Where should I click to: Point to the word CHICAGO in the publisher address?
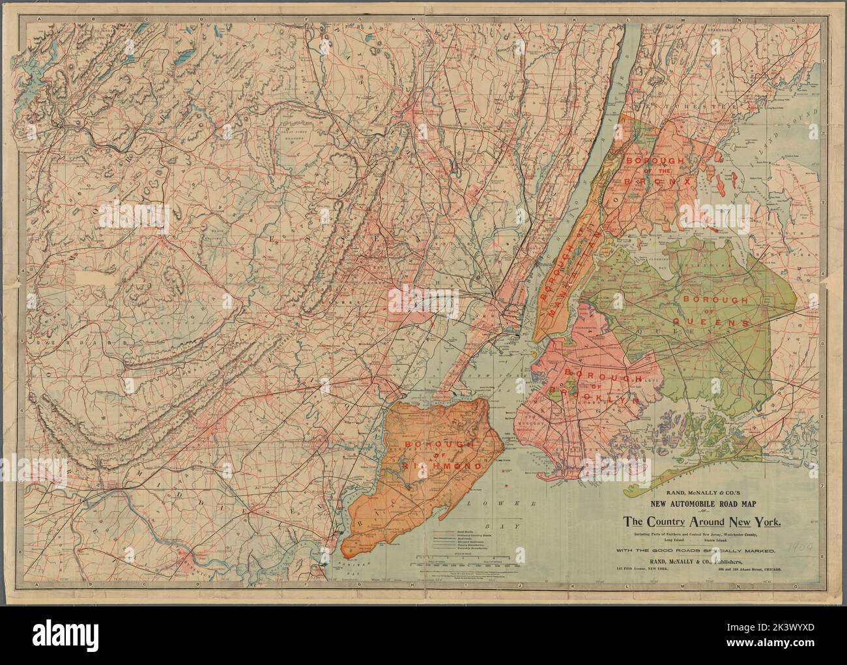pyautogui.click(x=774, y=569)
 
